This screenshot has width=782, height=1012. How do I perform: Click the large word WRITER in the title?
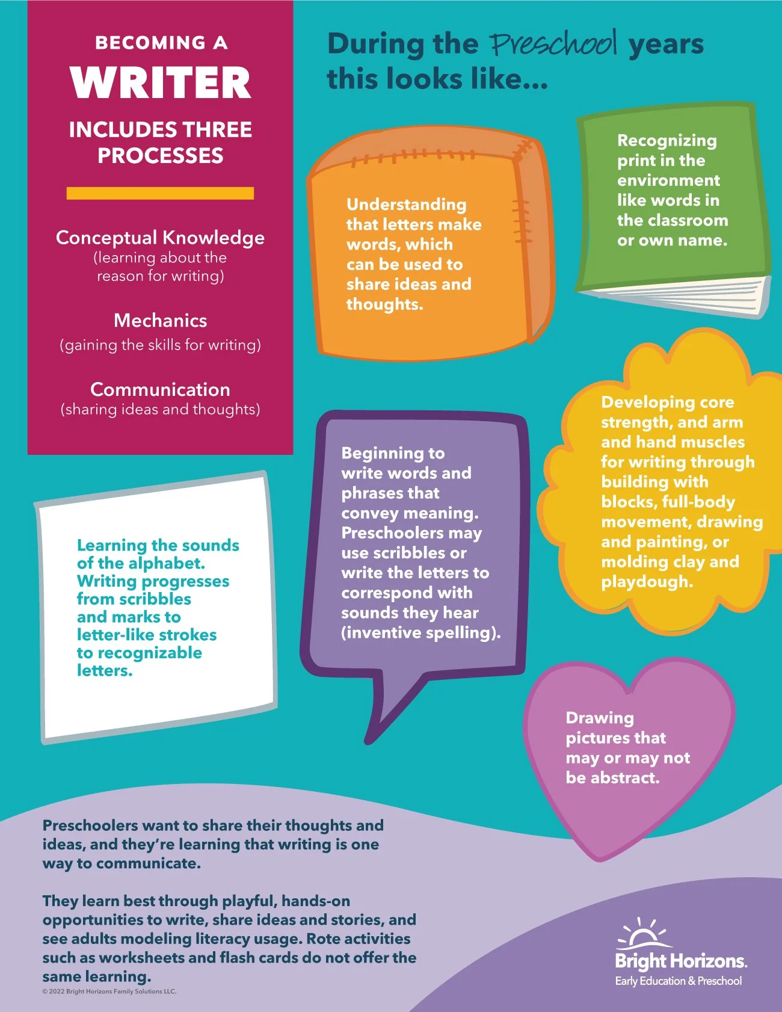[x=160, y=83]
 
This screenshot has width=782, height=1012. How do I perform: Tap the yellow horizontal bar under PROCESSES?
[x=160, y=193]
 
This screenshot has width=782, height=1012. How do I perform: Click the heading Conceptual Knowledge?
[x=160, y=238]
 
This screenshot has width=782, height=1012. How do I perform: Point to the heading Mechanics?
[x=160, y=320]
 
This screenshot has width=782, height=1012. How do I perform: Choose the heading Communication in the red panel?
[x=160, y=389]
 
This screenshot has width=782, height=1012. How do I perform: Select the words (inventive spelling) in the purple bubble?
[x=420, y=632]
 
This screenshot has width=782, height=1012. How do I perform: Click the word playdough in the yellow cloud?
[x=646, y=582]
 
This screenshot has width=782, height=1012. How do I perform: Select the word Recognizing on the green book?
[x=667, y=141]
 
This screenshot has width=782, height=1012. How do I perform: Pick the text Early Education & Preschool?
[x=678, y=981]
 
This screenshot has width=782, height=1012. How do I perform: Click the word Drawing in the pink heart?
[x=600, y=718]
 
